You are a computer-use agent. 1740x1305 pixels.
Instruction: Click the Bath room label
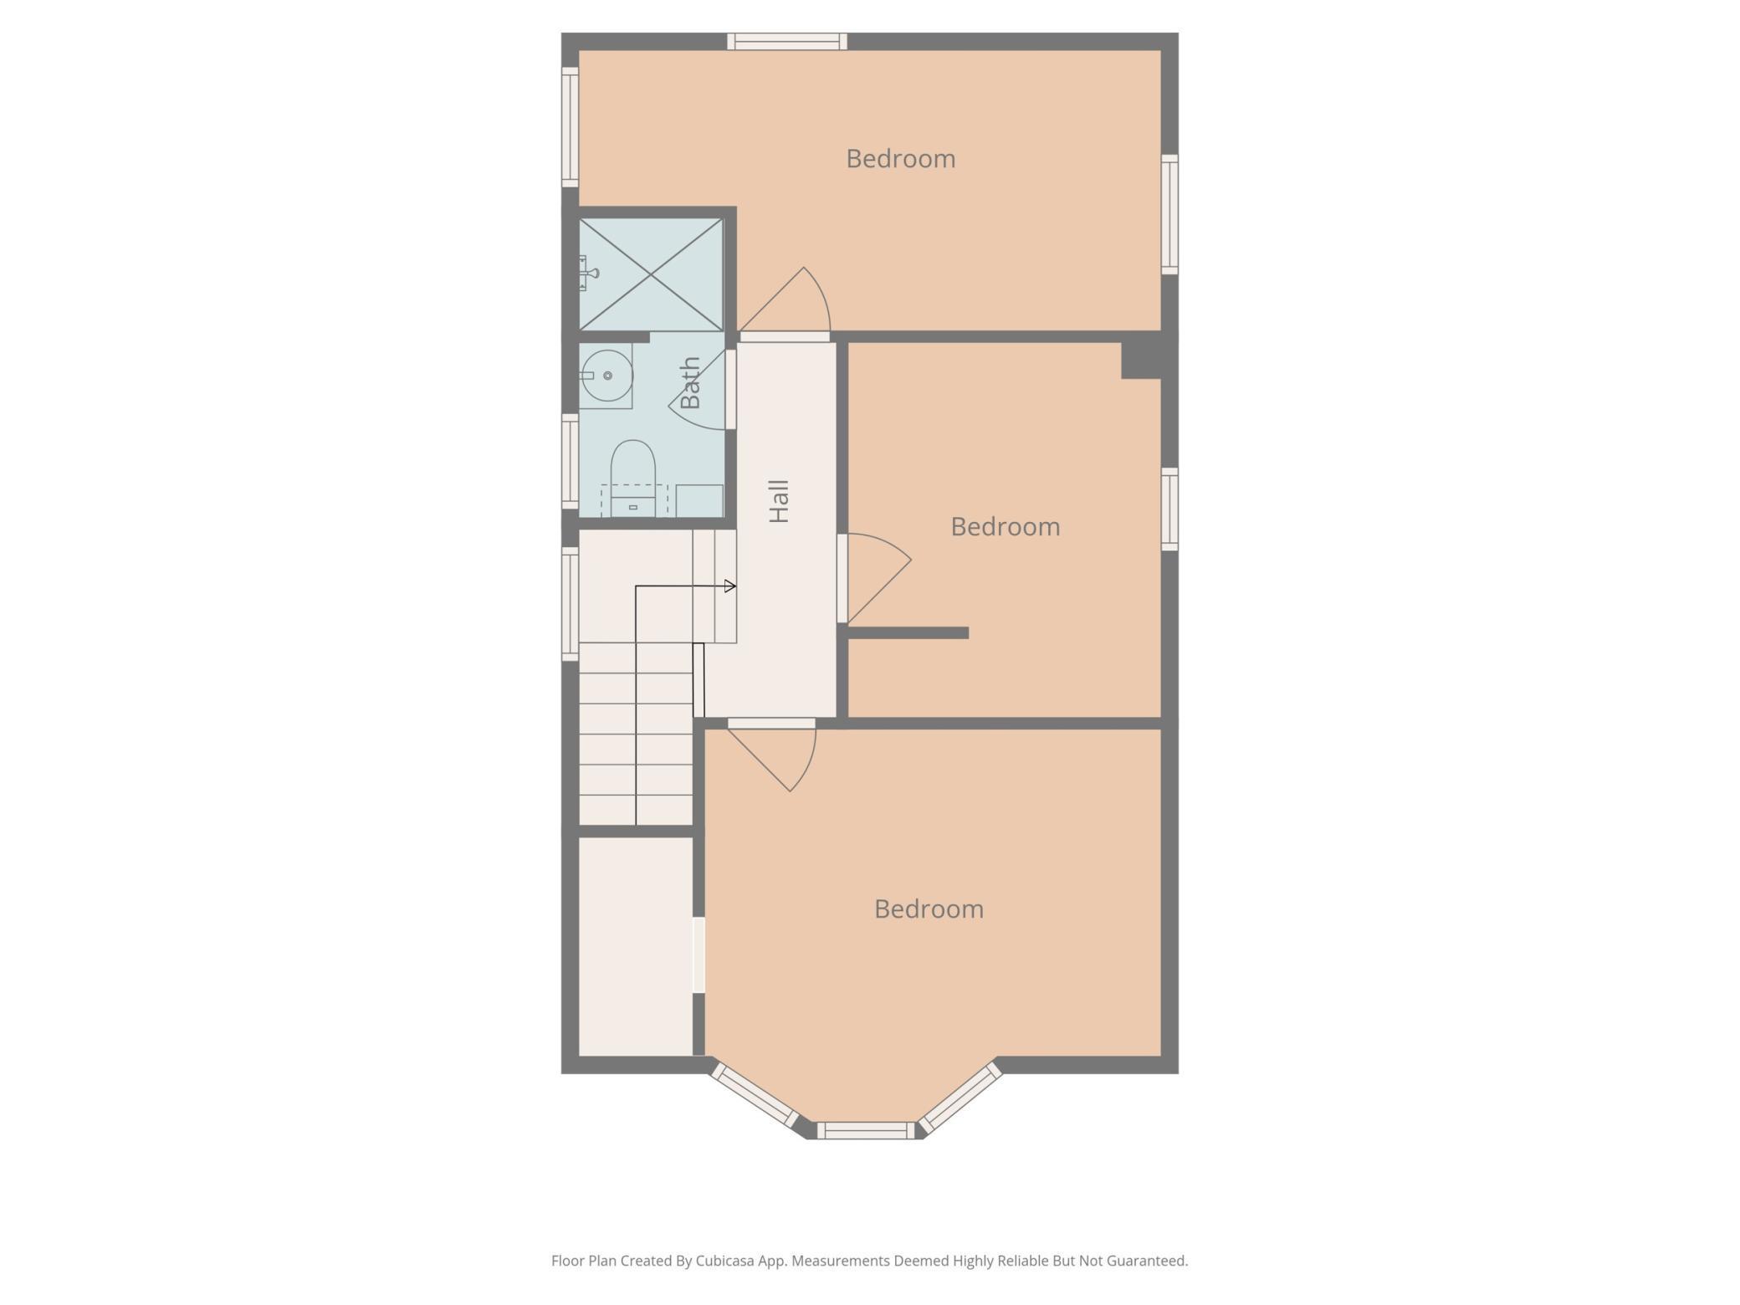pyautogui.click(x=690, y=383)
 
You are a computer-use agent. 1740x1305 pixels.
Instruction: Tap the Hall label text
pyautogui.click(x=779, y=502)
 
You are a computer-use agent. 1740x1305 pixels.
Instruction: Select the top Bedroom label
pyautogui.click(x=901, y=159)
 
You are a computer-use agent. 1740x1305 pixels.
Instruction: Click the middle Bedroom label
pyautogui.click(x=1006, y=527)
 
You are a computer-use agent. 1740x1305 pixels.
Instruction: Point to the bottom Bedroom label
pyautogui.click(x=929, y=909)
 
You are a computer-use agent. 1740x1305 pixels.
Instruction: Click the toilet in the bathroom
pyautogui.click(x=633, y=478)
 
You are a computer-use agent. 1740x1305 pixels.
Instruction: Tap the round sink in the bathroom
pyautogui.click(x=607, y=376)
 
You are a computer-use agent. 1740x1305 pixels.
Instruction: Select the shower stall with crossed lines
pyautogui.click(x=651, y=274)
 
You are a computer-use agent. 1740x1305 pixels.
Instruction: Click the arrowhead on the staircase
pyautogui.click(x=730, y=586)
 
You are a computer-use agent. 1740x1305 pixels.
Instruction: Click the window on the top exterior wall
pyautogui.click(x=787, y=42)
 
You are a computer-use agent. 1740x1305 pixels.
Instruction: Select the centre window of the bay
pyautogui.click(x=866, y=1131)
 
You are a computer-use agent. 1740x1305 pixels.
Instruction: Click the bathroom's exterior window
pyautogui.click(x=570, y=462)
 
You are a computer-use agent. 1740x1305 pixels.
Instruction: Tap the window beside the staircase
pyautogui.click(x=570, y=603)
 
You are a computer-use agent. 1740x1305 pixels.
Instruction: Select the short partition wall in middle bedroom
pyautogui.click(x=908, y=633)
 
